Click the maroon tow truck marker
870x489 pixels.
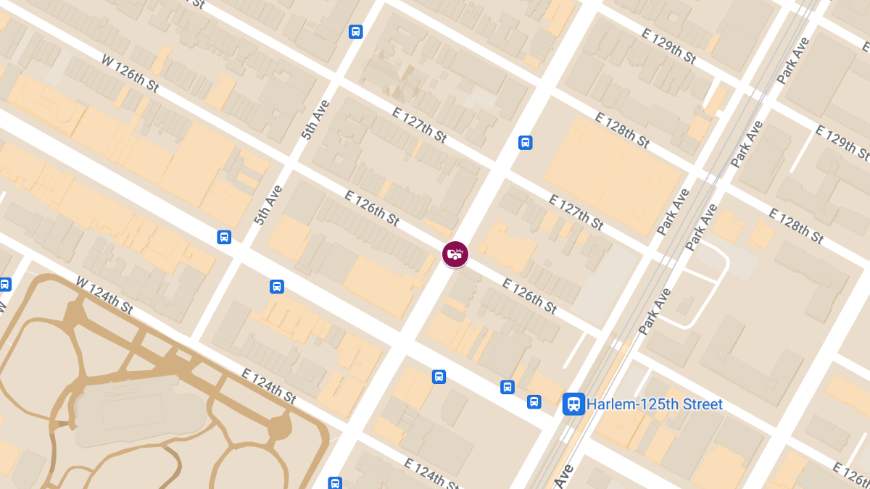tap(455, 254)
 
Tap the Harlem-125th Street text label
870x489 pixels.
tap(655, 404)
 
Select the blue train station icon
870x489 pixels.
tap(573, 404)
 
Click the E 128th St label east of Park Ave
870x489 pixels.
tap(796, 226)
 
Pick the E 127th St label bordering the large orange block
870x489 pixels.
tap(576, 212)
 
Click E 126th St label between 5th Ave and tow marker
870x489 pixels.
tap(372, 208)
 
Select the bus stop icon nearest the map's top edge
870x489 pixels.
tap(355, 32)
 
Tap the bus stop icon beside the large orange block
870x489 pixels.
tap(526, 143)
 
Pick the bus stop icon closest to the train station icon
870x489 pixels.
tap(534, 402)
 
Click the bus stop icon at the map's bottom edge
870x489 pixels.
tap(335, 482)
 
